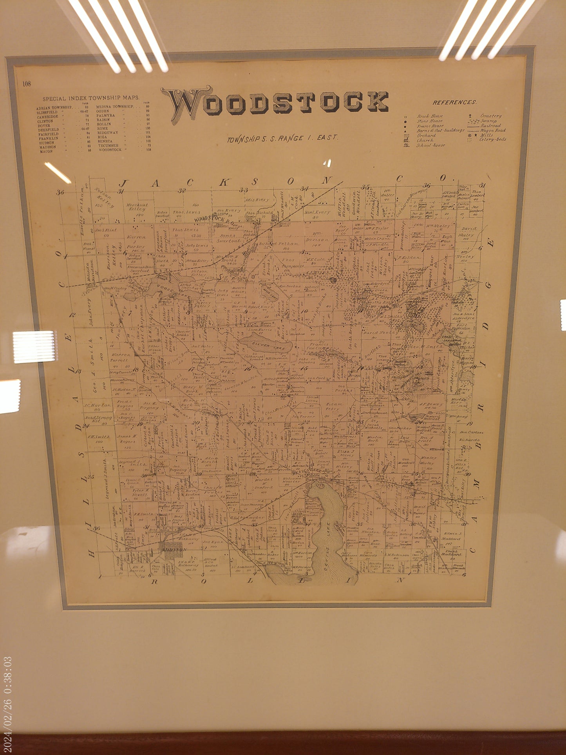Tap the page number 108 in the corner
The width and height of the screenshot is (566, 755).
click(27, 83)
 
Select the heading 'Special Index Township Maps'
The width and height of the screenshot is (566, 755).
click(90, 99)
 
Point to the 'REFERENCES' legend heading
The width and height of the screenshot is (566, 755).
click(454, 102)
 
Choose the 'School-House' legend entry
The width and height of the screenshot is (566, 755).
click(430, 145)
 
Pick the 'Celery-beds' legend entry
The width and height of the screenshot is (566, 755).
click(492, 139)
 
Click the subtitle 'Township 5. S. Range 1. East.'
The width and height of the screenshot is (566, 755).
click(282, 138)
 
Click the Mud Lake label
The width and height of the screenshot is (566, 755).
click(269, 292)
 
